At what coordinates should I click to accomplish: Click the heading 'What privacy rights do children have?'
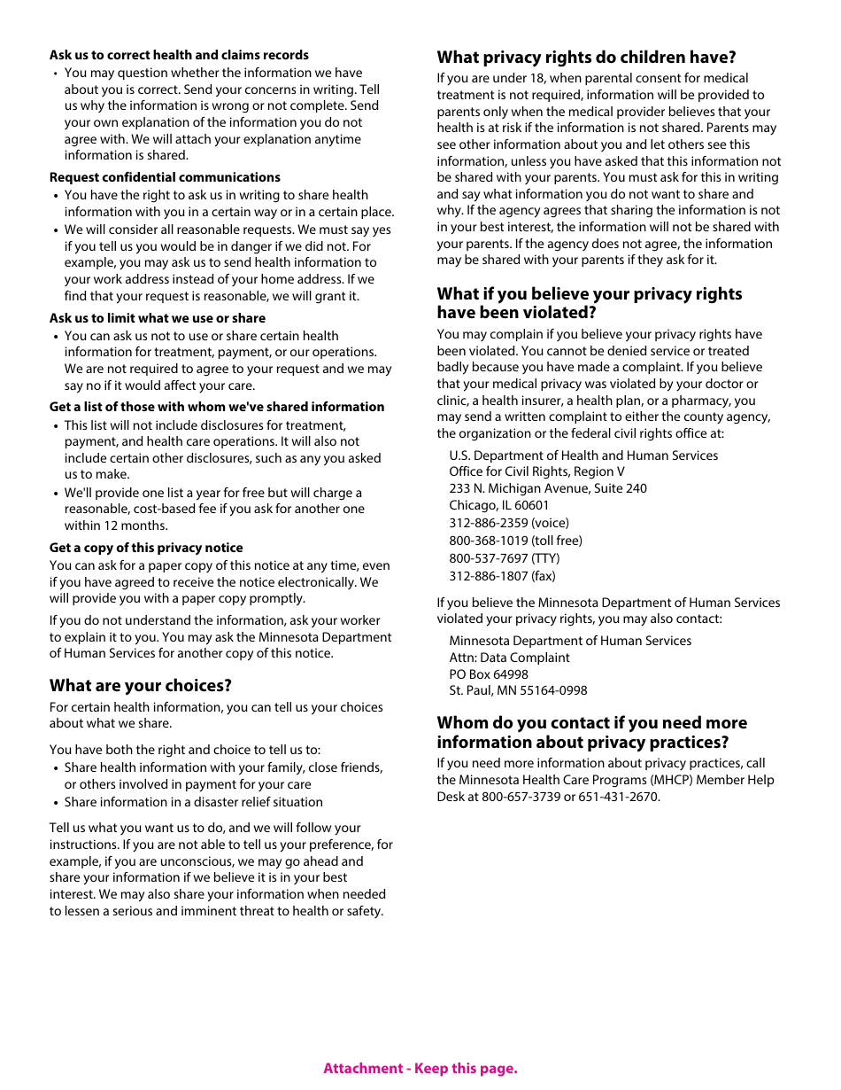coord(586,58)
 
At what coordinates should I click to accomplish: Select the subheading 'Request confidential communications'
coord(165,177)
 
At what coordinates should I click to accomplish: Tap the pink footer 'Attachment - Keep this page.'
coord(420,1068)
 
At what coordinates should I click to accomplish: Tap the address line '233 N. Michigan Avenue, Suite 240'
coord(547,488)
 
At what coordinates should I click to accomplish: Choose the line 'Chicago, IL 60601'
coord(498,505)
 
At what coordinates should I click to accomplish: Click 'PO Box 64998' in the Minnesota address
coord(488,674)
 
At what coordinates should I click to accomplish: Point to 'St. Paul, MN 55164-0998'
coord(518,690)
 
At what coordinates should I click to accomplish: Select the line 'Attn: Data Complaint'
coord(509,658)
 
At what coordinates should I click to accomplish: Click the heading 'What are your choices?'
coord(141,685)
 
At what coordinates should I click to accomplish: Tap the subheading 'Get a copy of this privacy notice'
coord(146,548)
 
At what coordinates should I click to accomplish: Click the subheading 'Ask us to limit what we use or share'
coord(158,318)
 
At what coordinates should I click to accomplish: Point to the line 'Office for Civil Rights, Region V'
coord(536,471)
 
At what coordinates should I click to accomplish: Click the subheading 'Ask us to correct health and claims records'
coord(179,55)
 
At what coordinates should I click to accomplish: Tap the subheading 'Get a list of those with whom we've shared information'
coord(217,407)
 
